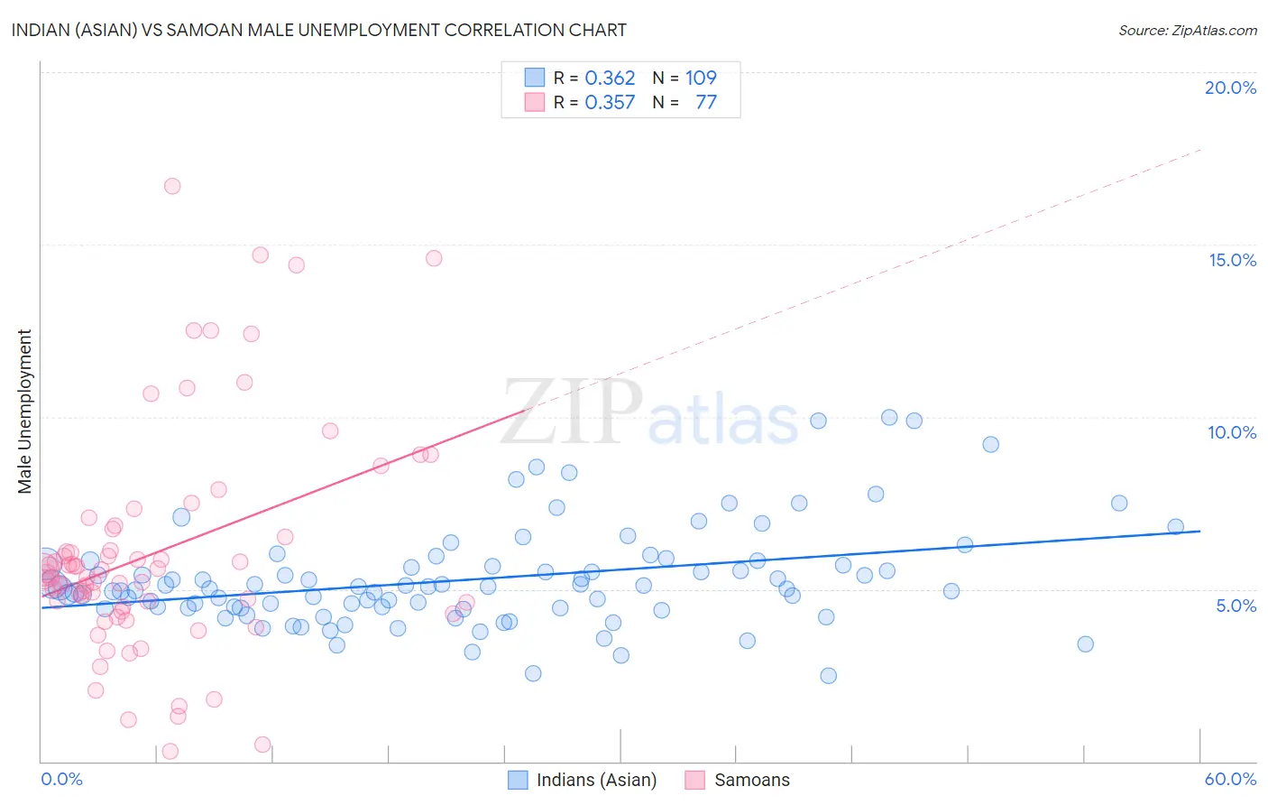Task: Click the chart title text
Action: click(x=319, y=30)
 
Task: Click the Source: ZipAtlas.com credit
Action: click(x=1187, y=30)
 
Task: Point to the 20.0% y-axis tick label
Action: click(x=1230, y=88)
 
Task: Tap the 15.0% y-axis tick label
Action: click(x=1232, y=260)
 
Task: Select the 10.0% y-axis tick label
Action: click(x=1232, y=432)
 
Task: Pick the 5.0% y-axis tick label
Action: click(x=1236, y=606)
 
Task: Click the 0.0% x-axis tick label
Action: click(x=61, y=779)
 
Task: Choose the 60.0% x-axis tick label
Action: click(x=1230, y=779)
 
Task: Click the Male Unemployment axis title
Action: click(x=24, y=412)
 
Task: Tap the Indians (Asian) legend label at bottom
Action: click(x=596, y=780)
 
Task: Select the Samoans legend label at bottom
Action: click(x=751, y=780)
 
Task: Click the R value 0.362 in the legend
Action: click(x=610, y=79)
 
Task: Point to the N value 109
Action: click(x=701, y=79)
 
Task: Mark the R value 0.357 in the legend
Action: click(x=610, y=103)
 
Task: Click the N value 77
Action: click(x=706, y=103)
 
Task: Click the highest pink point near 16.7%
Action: click(x=172, y=186)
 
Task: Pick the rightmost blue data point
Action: click(x=1175, y=527)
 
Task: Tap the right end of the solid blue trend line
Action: click(x=1200, y=532)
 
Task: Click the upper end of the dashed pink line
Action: click(x=1200, y=149)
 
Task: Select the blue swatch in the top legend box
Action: click(x=535, y=78)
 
